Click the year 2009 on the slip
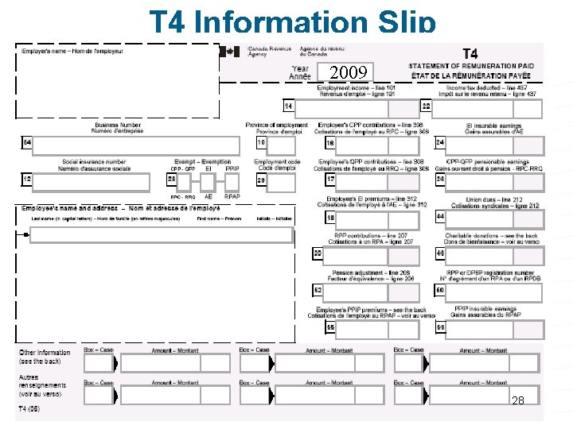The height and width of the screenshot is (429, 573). pyautogui.click(x=347, y=73)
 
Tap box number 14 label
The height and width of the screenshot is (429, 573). pyautogui.click(x=288, y=106)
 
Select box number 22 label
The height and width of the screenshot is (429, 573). pyautogui.click(x=427, y=106)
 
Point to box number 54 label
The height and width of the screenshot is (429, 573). pyautogui.click(x=27, y=143)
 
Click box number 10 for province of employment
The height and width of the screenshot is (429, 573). pyautogui.click(x=262, y=143)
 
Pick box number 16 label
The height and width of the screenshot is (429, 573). pyautogui.click(x=330, y=143)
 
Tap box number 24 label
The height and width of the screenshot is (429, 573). pyautogui.click(x=440, y=143)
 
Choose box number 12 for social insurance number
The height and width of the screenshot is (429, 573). pyautogui.click(x=27, y=180)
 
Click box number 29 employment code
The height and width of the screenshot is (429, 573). pyautogui.click(x=262, y=180)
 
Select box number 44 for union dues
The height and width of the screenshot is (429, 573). pyautogui.click(x=440, y=216)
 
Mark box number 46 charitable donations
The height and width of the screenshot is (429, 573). pyautogui.click(x=440, y=253)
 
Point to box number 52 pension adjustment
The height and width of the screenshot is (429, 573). pyautogui.click(x=318, y=290)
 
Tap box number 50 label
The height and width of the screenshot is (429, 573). pyautogui.click(x=440, y=290)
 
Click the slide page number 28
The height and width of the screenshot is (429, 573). pyautogui.click(x=518, y=400)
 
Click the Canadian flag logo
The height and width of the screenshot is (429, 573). pyautogui.click(x=232, y=51)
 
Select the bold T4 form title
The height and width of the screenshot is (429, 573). pyautogui.click(x=470, y=54)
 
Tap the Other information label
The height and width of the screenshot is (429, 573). pyautogui.click(x=45, y=353)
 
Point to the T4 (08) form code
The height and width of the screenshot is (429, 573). pyautogui.click(x=29, y=409)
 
